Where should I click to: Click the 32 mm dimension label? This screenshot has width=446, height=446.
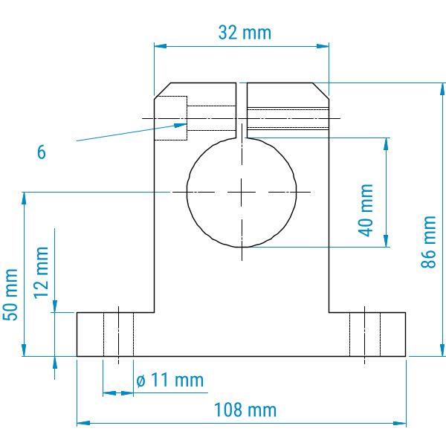pyautogui.click(x=245, y=33)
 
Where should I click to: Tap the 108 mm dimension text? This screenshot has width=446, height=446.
pyautogui.click(x=245, y=410)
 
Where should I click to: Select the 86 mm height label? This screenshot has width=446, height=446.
pyautogui.click(x=428, y=242)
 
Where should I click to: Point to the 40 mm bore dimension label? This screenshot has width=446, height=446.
pyautogui.click(x=366, y=210)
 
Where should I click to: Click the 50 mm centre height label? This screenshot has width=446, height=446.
pyautogui.click(x=10, y=294)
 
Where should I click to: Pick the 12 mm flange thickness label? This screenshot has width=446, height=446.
pyautogui.click(x=41, y=273)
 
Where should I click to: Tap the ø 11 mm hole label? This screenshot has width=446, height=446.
pyautogui.click(x=170, y=380)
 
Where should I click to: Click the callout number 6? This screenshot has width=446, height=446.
pyautogui.click(x=41, y=152)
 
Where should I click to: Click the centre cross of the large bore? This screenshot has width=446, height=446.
pyautogui.click(x=242, y=193)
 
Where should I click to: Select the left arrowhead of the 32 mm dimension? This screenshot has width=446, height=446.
pyautogui.click(x=160, y=46)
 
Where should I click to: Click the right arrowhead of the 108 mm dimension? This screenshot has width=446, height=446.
pyautogui.click(x=400, y=423)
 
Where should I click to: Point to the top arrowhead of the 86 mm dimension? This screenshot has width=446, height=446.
pyautogui.click(x=442, y=89)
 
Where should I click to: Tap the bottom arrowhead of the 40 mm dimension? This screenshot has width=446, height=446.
pyautogui.click(x=386, y=241)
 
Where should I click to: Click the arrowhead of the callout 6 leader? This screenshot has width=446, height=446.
pyautogui.click(x=181, y=125)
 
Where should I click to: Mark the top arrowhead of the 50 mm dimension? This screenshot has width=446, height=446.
pyautogui.click(x=25, y=198)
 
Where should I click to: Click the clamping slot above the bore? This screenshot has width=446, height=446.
pyautogui.click(x=242, y=110)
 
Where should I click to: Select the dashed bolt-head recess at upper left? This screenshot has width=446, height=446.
pyautogui.click(x=171, y=118)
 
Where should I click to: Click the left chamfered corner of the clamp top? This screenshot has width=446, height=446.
pyautogui.click(x=162, y=91)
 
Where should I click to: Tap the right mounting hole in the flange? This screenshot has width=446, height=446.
pyautogui.click(x=365, y=334)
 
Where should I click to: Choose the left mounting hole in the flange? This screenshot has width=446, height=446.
pyautogui.click(x=119, y=334)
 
